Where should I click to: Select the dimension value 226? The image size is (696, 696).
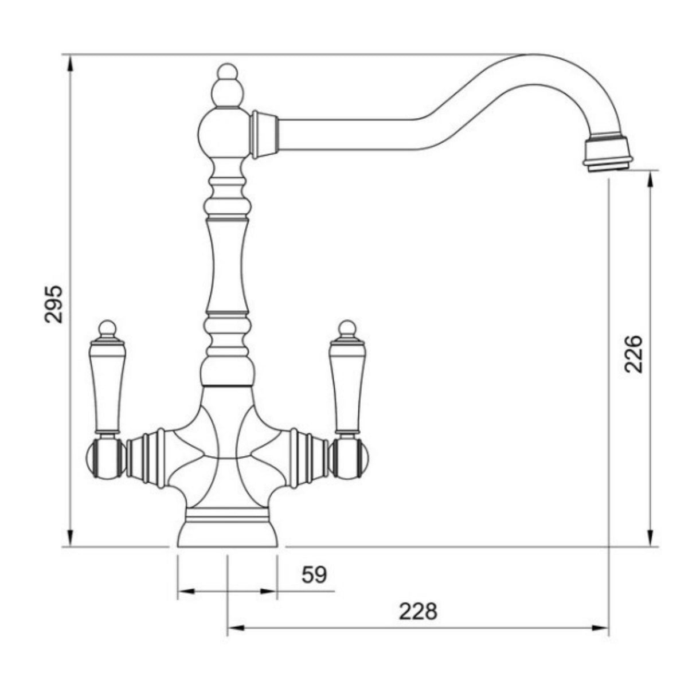tap(634, 354)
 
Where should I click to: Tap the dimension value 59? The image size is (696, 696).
tap(314, 574)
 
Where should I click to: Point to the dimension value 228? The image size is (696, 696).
tap(417, 611)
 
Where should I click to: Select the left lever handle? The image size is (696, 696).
tap(107, 387)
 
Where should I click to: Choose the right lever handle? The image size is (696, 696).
tap(346, 387)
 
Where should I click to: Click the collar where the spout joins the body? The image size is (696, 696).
tap(263, 134)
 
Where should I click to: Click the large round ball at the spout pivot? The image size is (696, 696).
tap(224, 133)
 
